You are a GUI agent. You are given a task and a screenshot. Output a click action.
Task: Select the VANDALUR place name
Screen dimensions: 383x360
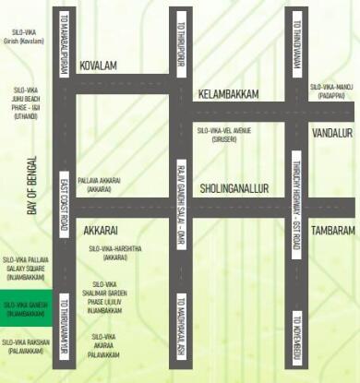click(332, 133)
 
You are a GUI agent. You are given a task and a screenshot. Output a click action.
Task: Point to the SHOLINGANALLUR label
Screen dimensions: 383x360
click(234, 187)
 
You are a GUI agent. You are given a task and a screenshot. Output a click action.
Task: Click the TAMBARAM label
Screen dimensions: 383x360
click(332, 229)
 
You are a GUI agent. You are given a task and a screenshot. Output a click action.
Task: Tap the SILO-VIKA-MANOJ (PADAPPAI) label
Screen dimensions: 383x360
click(331, 90)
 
